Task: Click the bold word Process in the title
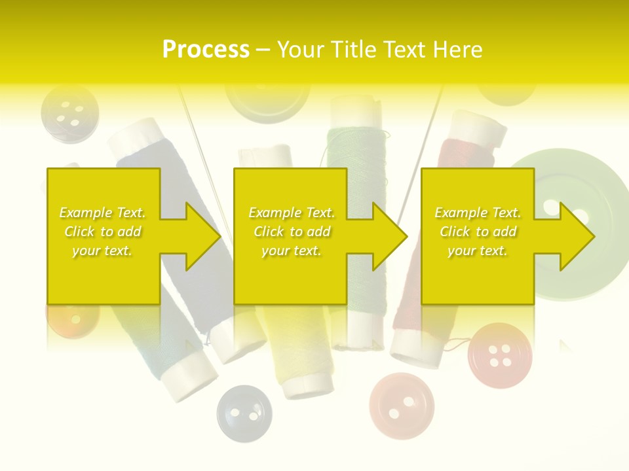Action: coord(206,50)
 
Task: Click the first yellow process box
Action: coord(104,236)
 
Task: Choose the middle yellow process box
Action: coord(290,236)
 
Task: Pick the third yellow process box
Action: coord(477,236)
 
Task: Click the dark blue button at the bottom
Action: coord(244,413)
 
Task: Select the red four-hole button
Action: coord(500,355)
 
